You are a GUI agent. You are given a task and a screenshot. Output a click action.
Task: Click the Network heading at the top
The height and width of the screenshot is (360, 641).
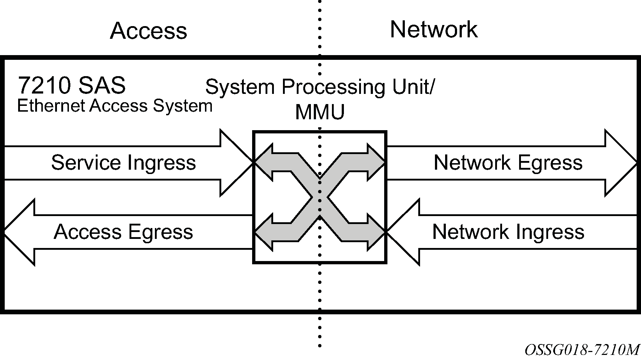434,29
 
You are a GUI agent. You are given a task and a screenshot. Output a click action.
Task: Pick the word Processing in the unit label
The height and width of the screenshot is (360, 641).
333,87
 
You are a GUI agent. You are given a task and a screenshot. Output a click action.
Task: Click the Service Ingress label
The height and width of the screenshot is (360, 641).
123,162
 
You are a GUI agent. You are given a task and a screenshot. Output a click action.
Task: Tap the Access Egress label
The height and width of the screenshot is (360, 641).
123,232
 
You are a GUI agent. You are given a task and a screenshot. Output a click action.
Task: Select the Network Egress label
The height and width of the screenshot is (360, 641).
508,162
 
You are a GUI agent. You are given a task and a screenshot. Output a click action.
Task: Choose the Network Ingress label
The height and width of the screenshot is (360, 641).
508,232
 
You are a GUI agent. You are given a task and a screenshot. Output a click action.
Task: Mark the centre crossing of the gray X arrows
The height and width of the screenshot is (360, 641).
320,197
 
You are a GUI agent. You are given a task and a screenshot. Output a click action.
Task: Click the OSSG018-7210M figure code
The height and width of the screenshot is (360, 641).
582,349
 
